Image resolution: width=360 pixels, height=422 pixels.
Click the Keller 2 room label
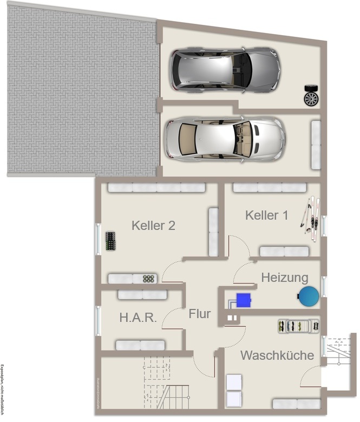tap(153, 226)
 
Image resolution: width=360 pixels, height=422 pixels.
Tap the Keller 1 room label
tap(266, 215)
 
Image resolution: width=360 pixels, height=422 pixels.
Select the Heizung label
tap(285, 278)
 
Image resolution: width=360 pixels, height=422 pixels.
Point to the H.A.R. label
tap(138, 318)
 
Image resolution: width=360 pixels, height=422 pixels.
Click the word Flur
tap(199, 313)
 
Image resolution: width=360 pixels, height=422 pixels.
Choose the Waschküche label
tap(277, 355)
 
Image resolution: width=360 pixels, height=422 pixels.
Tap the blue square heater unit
tap(244, 299)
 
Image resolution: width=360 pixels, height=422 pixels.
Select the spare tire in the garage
tap(311, 95)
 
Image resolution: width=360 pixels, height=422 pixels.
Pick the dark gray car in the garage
tap(225, 70)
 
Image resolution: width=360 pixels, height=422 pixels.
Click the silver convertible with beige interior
tap(225, 139)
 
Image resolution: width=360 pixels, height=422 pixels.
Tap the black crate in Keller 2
tap(111, 241)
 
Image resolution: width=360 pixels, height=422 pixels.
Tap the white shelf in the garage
tap(315, 143)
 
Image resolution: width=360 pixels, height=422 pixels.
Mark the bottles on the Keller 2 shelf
tap(149, 279)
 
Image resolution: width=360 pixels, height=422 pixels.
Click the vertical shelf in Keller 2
tap(213, 232)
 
